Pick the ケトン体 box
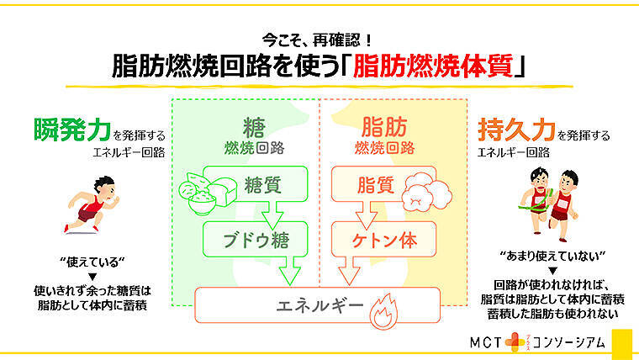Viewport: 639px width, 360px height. click(x=383, y=240)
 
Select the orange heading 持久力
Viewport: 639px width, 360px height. click(x=515, y=132)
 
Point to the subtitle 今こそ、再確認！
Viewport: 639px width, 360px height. click(x=319, y=39)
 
